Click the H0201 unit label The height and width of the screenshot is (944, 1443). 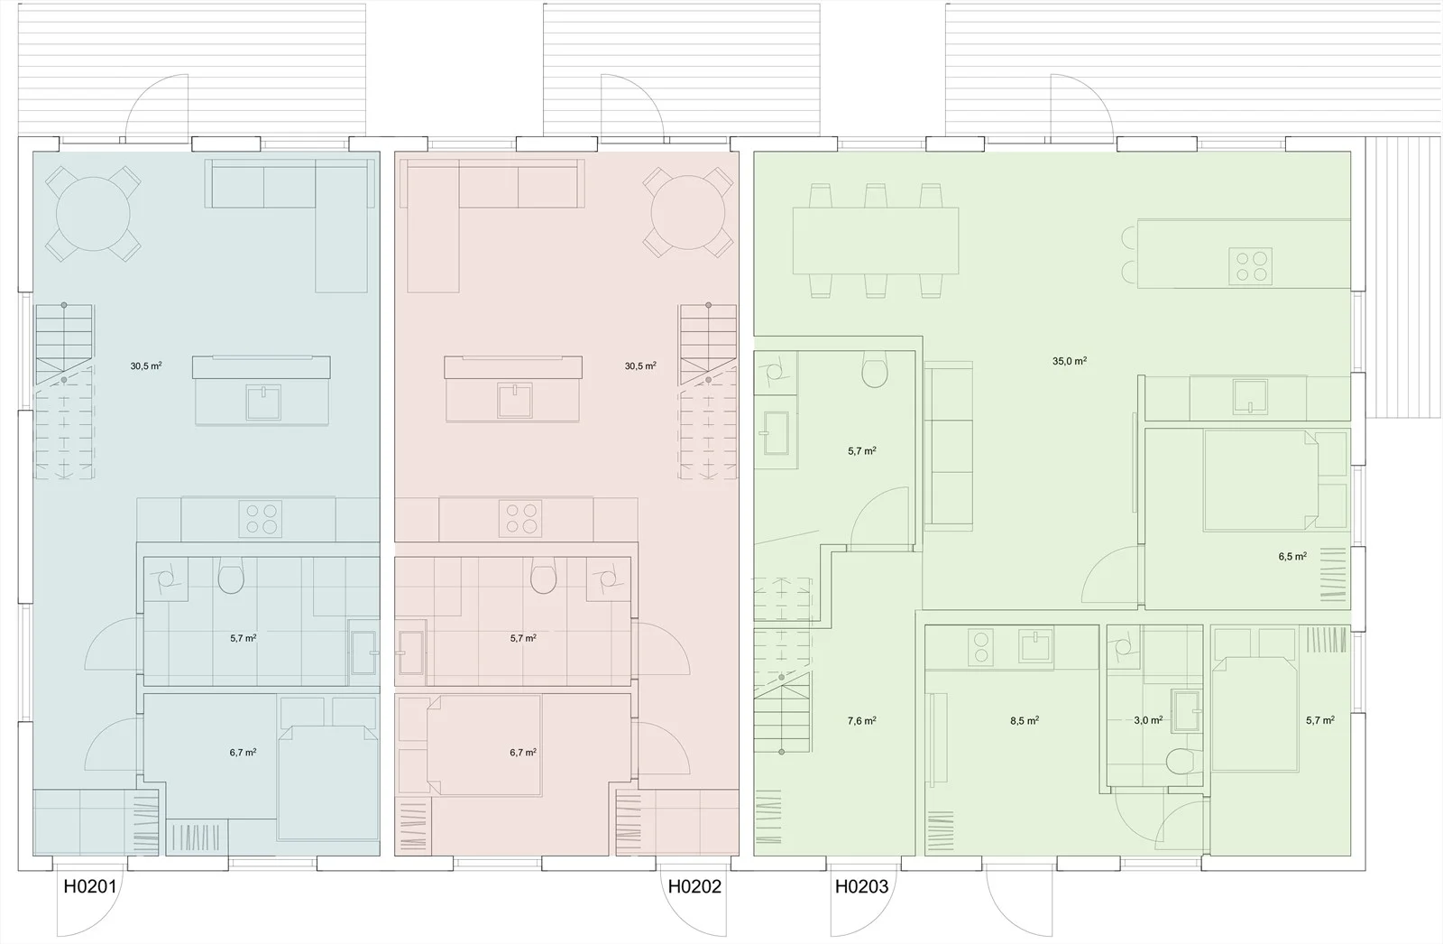[x=90, y=886]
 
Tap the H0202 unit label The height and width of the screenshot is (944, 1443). [x=694, y=886]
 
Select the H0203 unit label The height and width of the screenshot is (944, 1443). [x=861, y=886]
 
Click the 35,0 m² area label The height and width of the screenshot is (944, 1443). [x=1070, y=361]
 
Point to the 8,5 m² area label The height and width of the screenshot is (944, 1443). [x=1025, y=720]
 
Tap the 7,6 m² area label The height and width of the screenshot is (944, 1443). [x=861, y=720]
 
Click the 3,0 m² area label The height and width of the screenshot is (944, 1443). [x=1148, y=720]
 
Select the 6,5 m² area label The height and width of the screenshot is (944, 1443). [x=1292, y=557]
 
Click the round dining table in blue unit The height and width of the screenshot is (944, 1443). [x=94, y=213]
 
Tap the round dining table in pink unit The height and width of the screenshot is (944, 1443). [x=688, y=213]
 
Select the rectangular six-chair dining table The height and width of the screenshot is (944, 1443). [x=876, y=241]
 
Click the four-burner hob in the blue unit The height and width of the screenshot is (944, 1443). [x=261, y=519]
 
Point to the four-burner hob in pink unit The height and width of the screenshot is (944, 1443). [x=520, y=519]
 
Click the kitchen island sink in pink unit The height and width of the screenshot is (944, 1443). [x=515, y=401]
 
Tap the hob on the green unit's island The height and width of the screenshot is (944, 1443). [x=1250, y=266]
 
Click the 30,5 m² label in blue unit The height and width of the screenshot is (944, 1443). [x=145, y=366]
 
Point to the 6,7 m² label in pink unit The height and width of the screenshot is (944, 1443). [x=522, y=753]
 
